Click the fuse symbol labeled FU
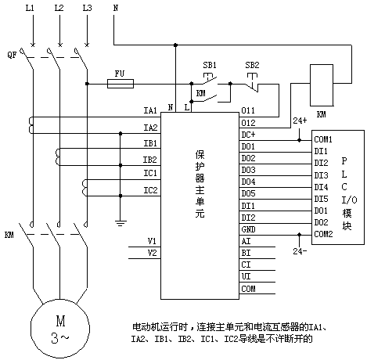[121, 84]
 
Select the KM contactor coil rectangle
[322, 85]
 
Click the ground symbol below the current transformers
[121, 223]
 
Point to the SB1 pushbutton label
[210, 65]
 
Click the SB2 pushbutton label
[252, 65]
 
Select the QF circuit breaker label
[12, 55]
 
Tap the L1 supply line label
[30, 8]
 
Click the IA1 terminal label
[150, 110]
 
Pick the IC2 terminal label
[150, 190]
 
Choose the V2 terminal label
[152, 253]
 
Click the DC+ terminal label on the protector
[248, 135]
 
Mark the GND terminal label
[248, 229]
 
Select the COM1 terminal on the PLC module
[323, 139]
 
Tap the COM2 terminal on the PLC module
[323, 234]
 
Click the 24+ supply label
[300, 121]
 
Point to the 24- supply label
[300, 251]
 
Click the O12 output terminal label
[248, 123]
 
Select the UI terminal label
[246, 276]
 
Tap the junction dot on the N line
[175, 45]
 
